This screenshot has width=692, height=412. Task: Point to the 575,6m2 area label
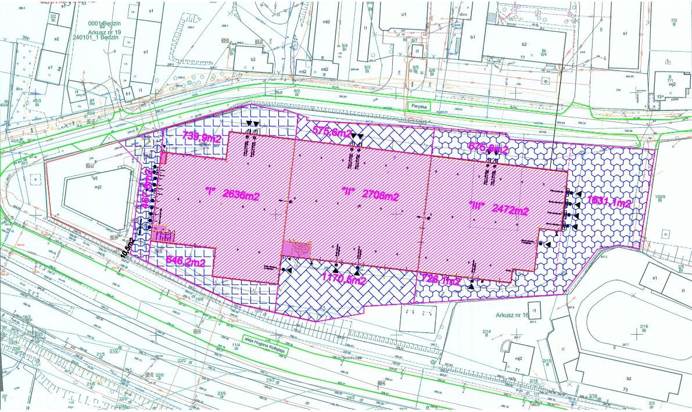[332, 132]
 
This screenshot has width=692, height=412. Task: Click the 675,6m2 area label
[488, 149]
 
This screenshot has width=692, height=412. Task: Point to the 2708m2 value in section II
[379, 195]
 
